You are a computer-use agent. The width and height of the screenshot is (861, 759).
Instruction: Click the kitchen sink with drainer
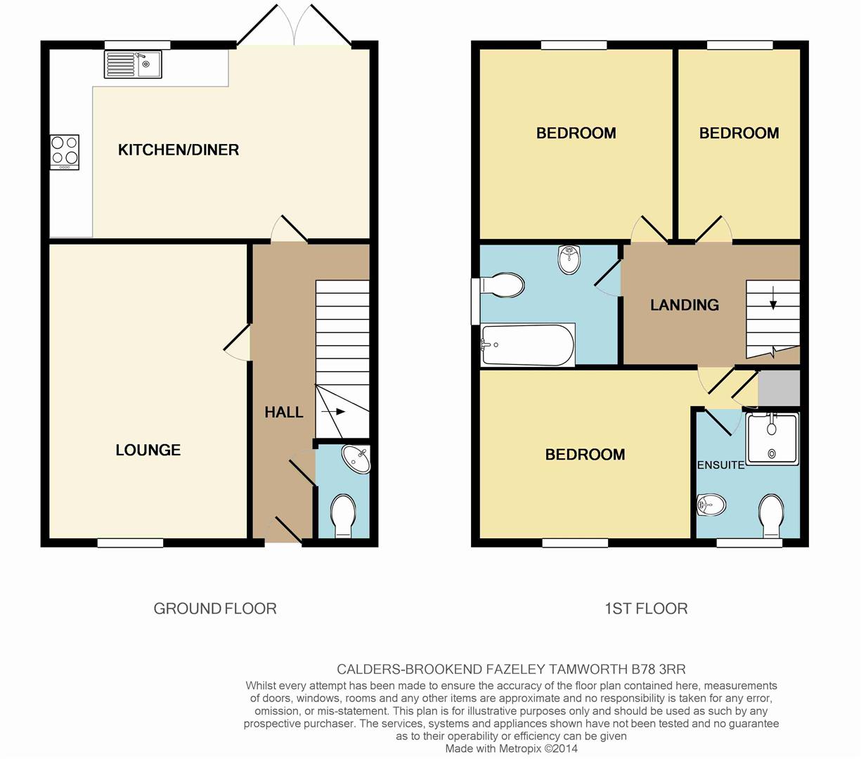[133, 64]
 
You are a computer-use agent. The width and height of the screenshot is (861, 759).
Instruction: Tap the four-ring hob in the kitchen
[64, 151]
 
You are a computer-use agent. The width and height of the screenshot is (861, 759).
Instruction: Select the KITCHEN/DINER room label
[179, 150]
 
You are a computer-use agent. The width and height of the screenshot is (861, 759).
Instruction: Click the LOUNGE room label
[148, 450]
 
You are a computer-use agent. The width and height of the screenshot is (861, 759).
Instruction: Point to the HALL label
[284, 413]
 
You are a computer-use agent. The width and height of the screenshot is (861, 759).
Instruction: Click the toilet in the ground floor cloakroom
[344, 515]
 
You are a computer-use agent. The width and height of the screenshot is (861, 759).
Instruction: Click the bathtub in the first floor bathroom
[528, 345]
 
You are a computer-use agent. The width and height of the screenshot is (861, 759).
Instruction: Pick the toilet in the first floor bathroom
[502, 286]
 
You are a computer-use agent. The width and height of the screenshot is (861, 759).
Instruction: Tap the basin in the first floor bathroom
[569, 259]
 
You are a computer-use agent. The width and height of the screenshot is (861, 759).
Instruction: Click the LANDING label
[685, 305]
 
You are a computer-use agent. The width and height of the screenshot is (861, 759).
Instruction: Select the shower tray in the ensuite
[772, 439]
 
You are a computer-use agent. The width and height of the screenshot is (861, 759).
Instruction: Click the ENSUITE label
[720, 465]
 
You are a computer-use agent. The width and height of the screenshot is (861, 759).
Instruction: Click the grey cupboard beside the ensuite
[779, 388]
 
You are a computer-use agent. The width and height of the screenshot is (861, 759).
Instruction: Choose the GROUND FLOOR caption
[215, 609]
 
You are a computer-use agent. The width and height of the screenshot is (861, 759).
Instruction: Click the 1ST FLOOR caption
[646, 609]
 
